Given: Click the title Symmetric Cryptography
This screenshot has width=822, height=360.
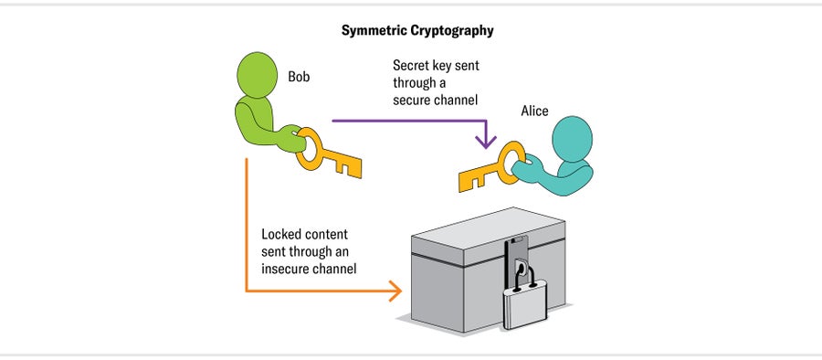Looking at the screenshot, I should click(x=417, y=30).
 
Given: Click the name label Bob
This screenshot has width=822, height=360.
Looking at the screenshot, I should click(x=300, y=77).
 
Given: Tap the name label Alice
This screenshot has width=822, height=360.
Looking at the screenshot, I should click(x=534, y=111).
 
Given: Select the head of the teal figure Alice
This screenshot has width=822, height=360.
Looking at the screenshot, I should click(x=575, y=137).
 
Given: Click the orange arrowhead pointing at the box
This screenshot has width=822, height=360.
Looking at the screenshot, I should click(x=395, y=291).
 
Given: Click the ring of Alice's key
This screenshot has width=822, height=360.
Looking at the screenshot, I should click(x=508, y=158).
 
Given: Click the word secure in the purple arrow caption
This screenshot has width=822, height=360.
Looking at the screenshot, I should click(x=413, y=99).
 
